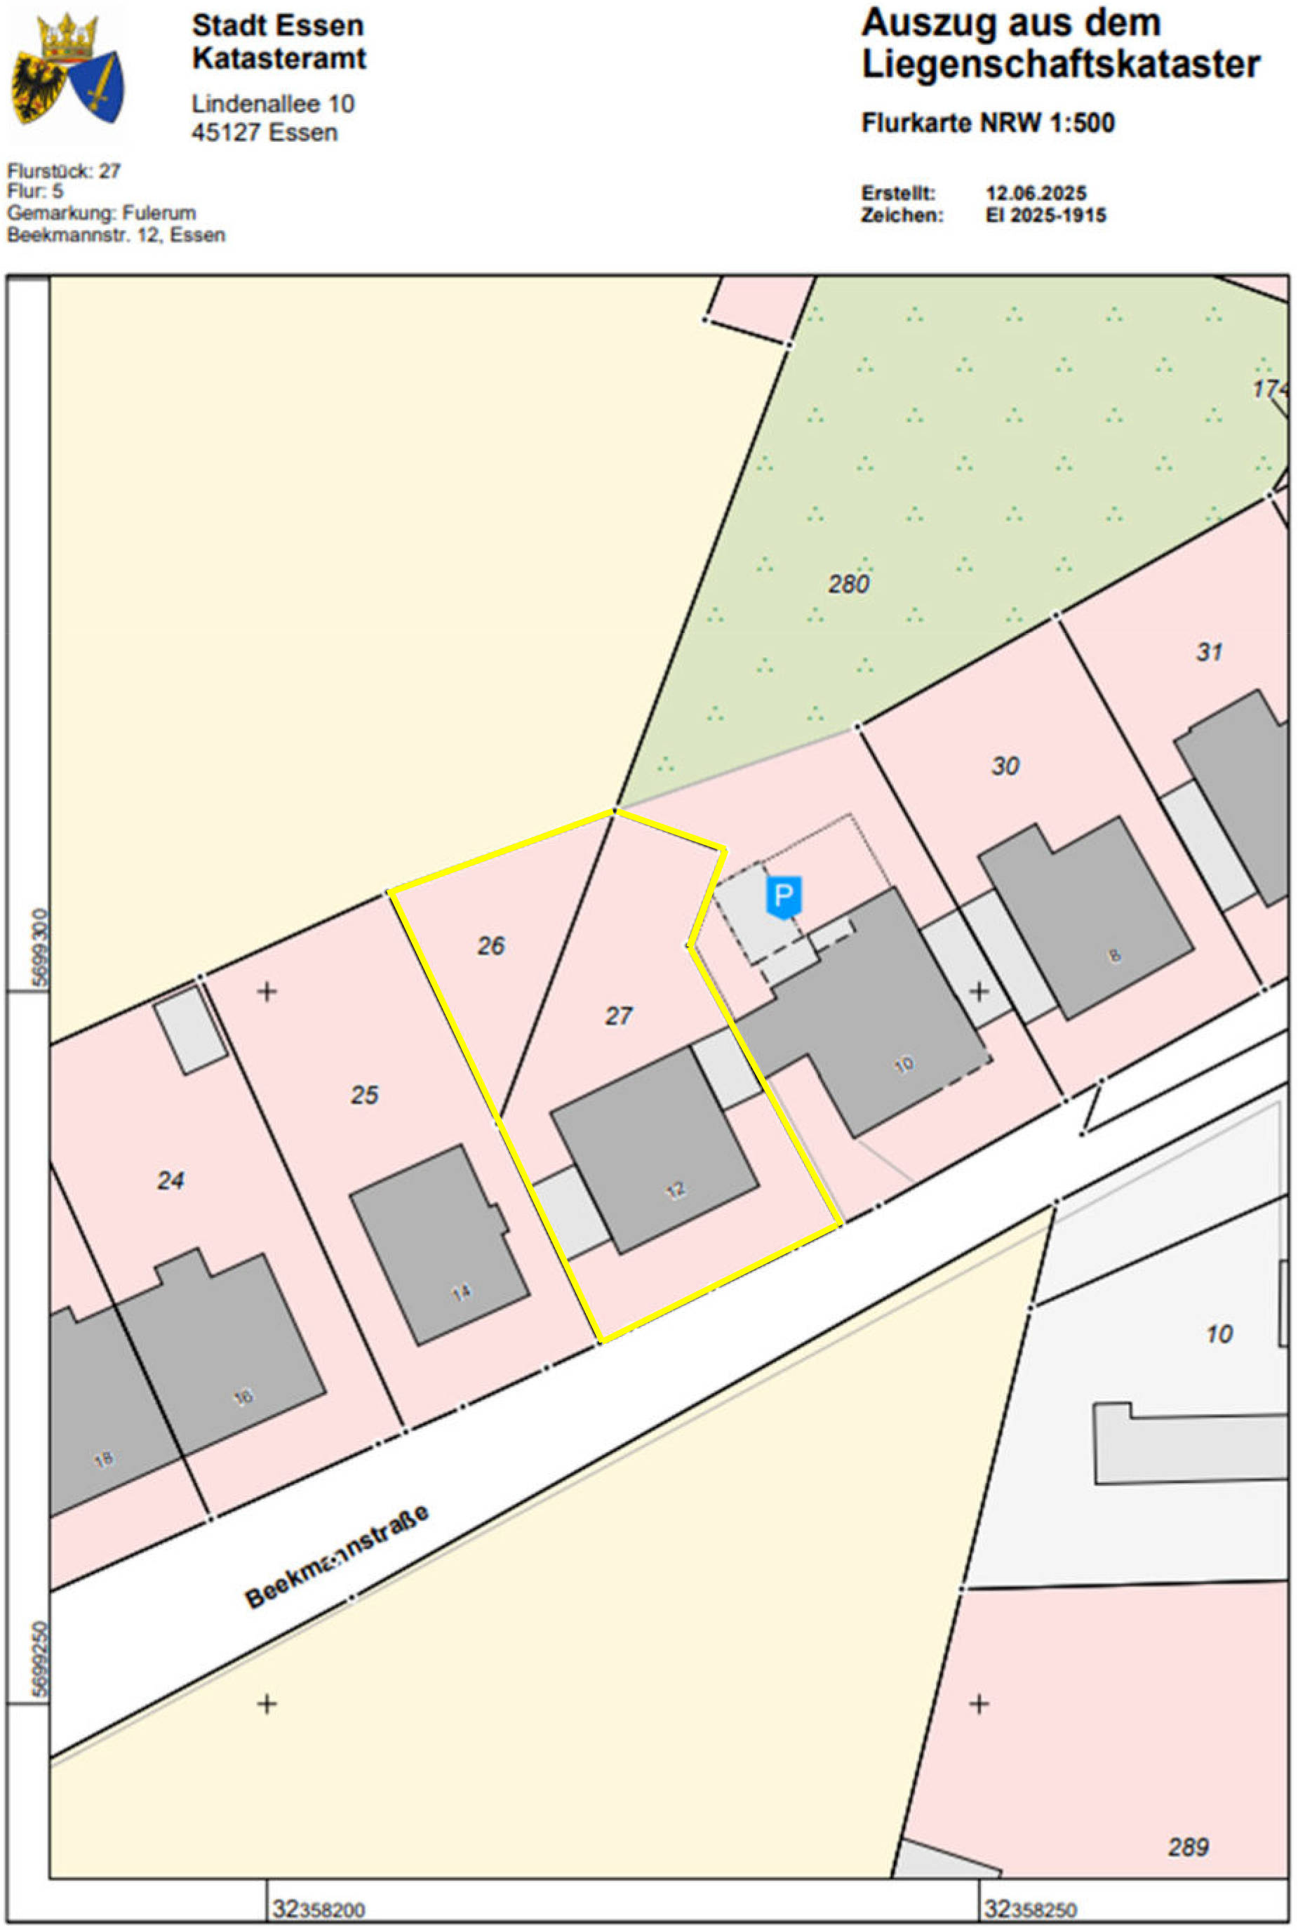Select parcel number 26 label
[491, 945]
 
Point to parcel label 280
[848, 584]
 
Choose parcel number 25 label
[364, 1095]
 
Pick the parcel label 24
[170, 1180]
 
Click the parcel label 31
[1210, 651]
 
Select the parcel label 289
[1189, 1846]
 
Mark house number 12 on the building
[676, 1190]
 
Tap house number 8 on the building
[1115, 955]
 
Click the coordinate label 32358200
[319, 1910]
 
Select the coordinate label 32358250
[1031, 1910]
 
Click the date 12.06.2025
[1036, 193]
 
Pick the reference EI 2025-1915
[1045, 215]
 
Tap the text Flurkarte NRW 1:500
[988, 123]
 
